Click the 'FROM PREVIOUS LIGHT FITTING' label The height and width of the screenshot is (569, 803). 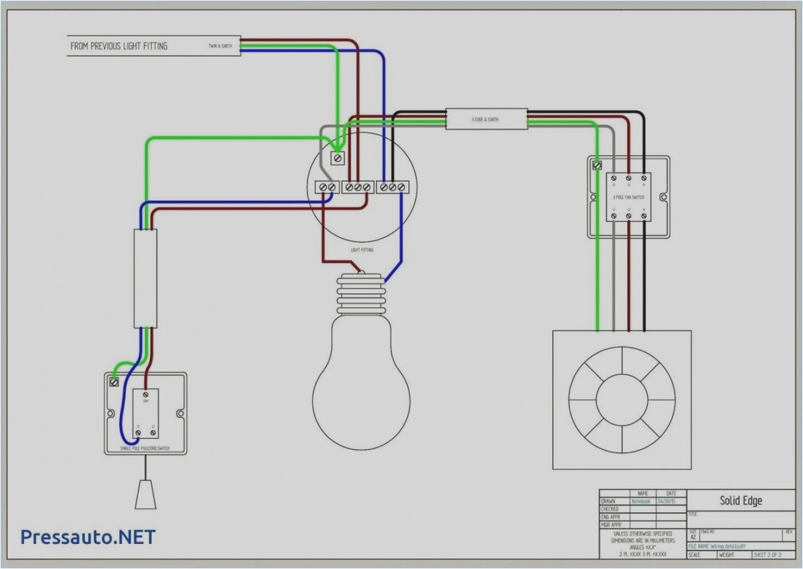[119, 46]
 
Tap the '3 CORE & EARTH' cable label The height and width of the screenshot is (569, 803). [485, 119]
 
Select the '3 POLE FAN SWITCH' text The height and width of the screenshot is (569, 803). [628, 197]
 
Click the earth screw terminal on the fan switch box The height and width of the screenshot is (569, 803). [597, 165]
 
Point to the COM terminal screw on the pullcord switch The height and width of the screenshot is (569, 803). [145, 395]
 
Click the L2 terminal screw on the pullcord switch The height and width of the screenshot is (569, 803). [153, 433]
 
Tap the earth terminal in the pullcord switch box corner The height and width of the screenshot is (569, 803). [114, 382]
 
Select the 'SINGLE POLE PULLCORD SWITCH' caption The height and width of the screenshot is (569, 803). [145, 449]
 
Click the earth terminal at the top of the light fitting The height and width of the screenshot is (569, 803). [337, 158]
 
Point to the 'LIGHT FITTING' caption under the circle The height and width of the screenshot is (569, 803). [362, 250]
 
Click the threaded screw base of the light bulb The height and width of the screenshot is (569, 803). [361, 294]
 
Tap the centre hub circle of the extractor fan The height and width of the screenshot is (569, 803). [622, 400]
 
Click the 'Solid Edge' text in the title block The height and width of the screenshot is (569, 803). [741, 500]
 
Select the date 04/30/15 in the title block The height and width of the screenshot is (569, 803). [667, 501]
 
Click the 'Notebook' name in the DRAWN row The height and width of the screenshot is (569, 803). [641, 501]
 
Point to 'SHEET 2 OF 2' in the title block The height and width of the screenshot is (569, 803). [768, 554]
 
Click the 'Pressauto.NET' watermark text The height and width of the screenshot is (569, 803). [88, 537]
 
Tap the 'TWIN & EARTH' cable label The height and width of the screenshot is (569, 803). [220, 46]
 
